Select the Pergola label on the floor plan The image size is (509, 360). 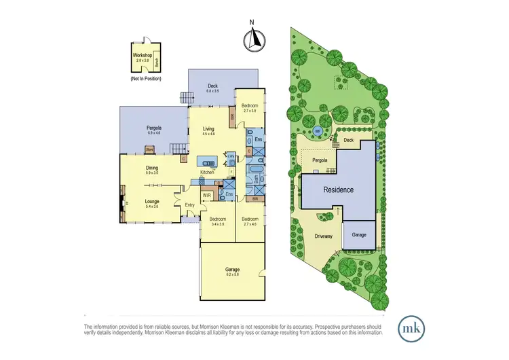153,129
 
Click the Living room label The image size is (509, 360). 208,130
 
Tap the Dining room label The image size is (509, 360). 151,169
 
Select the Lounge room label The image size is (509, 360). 151,202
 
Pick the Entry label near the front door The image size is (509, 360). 189,206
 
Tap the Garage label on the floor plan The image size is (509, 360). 232,271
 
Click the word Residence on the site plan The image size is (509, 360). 337,190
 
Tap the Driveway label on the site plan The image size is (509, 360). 322,236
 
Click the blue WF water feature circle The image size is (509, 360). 316,130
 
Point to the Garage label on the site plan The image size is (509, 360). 359,235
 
